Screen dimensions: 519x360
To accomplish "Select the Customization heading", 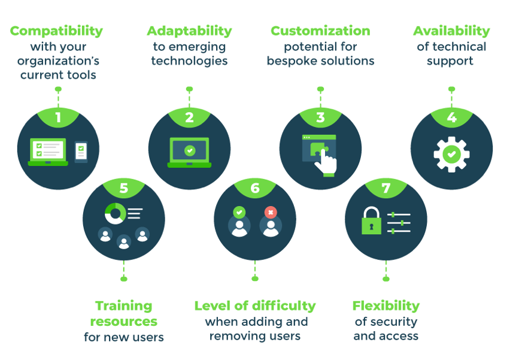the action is pos(320,31).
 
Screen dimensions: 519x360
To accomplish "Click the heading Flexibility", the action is pos(386,306).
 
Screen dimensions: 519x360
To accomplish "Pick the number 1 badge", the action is pos(58,117).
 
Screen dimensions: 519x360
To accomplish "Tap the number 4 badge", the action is pos(451,117).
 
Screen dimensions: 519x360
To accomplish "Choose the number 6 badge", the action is pos(255,187).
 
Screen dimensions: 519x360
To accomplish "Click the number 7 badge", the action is pos(386,187).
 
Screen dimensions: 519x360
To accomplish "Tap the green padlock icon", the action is pos(371,221).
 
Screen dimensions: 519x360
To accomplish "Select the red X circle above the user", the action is pos(271,212).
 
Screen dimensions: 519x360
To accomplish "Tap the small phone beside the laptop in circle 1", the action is pos(81,152).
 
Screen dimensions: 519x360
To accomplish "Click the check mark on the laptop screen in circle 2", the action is pos(190,151).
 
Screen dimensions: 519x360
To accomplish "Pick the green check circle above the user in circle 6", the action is pos(239,212).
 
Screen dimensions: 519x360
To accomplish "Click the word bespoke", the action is pos(285,61).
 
